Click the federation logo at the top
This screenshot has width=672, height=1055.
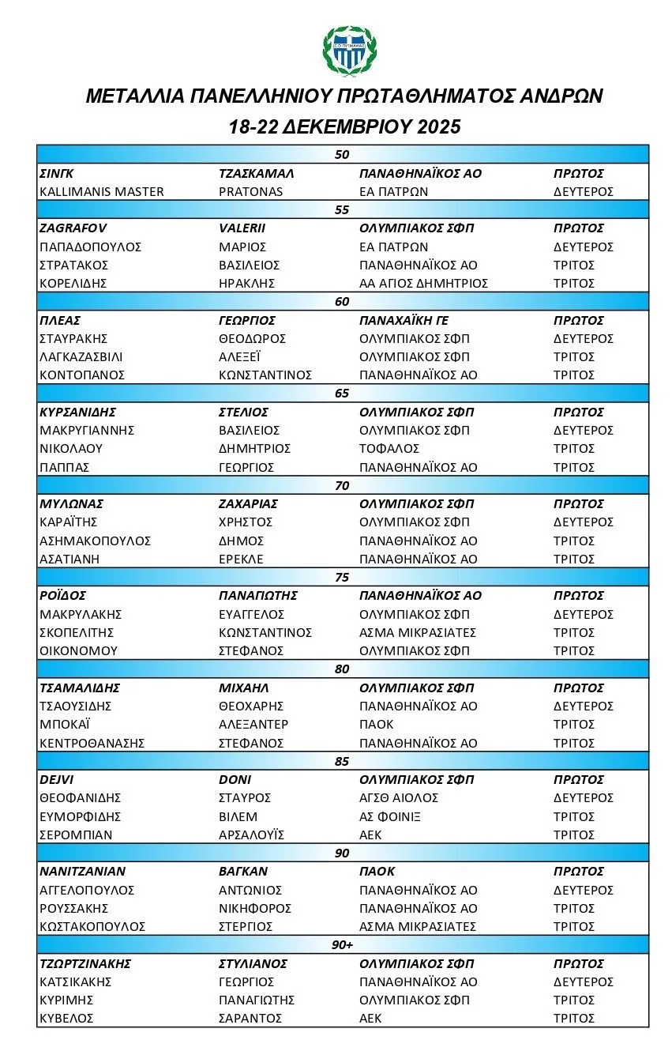click(x=350, y=50)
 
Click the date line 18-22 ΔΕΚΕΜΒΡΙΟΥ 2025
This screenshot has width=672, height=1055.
click(x=344, y=126)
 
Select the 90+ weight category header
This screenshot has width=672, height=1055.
click(x=342, y=945)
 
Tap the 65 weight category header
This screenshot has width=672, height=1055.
click(x=342, y=394)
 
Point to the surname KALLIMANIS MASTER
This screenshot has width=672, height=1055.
click(x=101, y=191)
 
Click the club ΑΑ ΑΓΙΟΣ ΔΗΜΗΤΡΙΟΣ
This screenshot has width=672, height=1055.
click(x=423, y=283)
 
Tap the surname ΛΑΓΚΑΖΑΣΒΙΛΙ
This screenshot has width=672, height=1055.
click(x=81, y=356)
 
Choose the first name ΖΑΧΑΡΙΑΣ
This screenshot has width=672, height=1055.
click(x=248, y=503)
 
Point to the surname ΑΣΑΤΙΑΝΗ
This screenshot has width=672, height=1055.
click(x=70, y=559)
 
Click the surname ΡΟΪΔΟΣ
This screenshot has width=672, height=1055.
click(x=62, y=595)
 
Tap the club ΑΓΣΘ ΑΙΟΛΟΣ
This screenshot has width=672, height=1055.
click(x=398, y=797)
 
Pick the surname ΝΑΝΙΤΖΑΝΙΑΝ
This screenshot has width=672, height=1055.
click(x=82, y=871)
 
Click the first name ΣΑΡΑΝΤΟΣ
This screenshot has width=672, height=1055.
click(x=250, y=1018)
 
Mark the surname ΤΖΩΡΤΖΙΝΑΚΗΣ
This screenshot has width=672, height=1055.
click(x=84, y=963)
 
